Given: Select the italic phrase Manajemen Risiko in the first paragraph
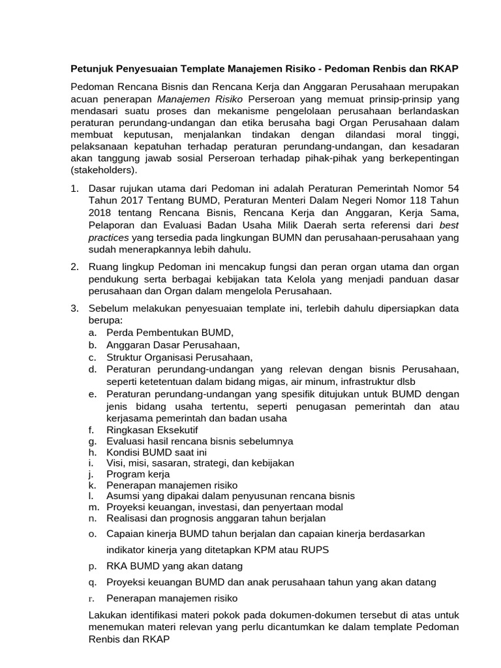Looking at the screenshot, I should click(x=200, y=99).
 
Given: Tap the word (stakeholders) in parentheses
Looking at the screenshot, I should click(x=104, y=170).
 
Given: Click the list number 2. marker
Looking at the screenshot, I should click(x=76, y=267).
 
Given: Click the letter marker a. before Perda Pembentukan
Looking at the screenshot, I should click(x=93, y=332).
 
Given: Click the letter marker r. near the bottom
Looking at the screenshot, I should click(x=93, y=598).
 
